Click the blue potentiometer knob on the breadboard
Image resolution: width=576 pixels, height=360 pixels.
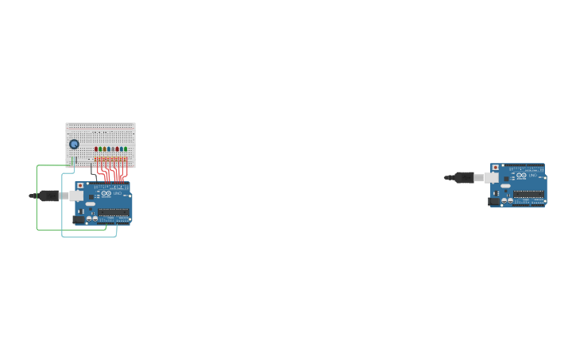point(74,144)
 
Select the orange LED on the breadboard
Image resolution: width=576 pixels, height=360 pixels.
point(104,149)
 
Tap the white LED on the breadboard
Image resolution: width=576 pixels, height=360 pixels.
point(113,149)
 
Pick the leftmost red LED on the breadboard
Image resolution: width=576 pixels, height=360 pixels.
point(96,149)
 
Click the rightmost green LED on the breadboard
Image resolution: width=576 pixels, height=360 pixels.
point(126,149)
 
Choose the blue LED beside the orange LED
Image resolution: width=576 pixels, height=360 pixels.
point(109,149)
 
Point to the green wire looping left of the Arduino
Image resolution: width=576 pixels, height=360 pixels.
point(37,199)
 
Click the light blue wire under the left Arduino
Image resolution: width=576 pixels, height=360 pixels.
point(87,236)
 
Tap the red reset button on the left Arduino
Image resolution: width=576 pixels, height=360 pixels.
point(80,185)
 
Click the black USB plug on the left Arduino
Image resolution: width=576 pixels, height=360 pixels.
point(48,195)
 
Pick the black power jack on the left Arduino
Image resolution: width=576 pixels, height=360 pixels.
point(79,219)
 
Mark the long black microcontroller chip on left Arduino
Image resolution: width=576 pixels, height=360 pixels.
point(114,211)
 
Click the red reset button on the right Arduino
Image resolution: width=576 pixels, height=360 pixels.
point(495,168)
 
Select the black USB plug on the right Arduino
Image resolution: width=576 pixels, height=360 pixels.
point(463,177)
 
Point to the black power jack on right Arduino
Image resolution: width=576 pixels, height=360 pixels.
point(493,202)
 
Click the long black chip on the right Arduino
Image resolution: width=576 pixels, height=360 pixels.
point(529,194)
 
